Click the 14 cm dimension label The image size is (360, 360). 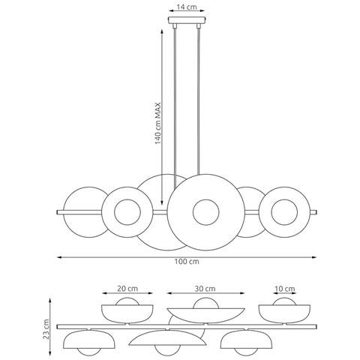(187, 7)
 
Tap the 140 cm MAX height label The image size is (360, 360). (157, 123)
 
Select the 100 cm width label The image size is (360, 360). (187, 262)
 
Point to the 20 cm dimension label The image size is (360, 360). (127, 289)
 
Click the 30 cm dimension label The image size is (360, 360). (205, 289)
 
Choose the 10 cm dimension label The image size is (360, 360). (285, 289)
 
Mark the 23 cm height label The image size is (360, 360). (46, 328)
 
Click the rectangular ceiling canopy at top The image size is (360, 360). (187, 20)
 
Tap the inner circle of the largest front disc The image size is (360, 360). (206, 212)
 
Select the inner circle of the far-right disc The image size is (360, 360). (284, 212)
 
